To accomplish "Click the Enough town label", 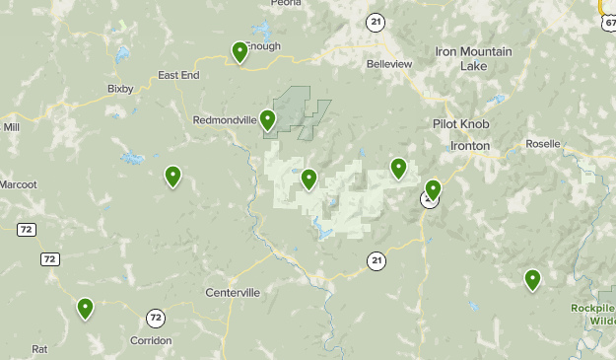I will [263, 46].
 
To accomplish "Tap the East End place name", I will [178, 75].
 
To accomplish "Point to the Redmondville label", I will [225, 120].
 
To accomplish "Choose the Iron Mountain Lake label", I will [473, 58].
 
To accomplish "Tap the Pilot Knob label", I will [459, 124].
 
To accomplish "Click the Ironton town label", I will [469, 145].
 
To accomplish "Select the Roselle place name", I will [543, 143].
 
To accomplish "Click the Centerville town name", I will [233, 293].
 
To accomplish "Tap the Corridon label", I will [151, 340].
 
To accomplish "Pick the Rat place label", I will [39, 349].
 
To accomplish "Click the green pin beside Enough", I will [240, 51].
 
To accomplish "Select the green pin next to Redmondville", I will [267, 120].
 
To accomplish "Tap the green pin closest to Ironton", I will [433, 188].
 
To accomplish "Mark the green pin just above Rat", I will [86, 309].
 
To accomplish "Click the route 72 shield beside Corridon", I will [156, 318].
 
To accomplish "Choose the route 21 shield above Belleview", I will [376, 21].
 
